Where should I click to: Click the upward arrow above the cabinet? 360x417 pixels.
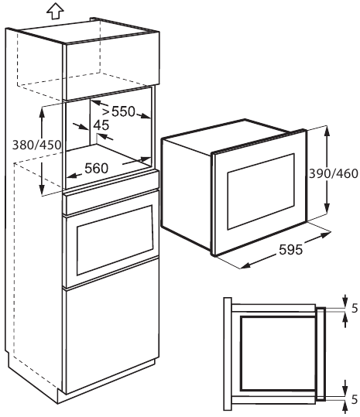(x=55, y=11)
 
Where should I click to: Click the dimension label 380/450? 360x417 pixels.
(x=37, y=145)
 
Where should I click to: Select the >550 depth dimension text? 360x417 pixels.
(x=119, y=111)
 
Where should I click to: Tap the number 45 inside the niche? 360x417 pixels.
(x=101, y=125)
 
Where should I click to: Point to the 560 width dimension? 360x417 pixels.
(x=97, y=169)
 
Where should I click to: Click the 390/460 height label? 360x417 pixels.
(x=334, y=173)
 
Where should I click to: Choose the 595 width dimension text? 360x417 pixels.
(x=291, y=250)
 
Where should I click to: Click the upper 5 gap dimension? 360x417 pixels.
(x=355, y=309)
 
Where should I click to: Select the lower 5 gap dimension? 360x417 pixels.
(x=355, y=400)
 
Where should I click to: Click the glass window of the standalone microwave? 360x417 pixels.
(x=261, y=191)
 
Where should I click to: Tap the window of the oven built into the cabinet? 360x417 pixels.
(x=115, y=240)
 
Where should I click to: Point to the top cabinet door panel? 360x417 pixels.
(x=111, y=66)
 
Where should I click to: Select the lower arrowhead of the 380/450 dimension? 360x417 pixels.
(x=42, y=190)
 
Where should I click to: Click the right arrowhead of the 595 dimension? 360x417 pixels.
(x=325, y=235)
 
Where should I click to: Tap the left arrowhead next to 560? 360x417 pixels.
(x=71, y=176)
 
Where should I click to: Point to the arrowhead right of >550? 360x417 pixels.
(x=146, y=116)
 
